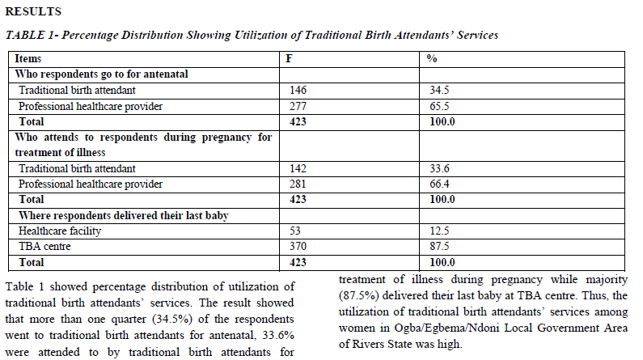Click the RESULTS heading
33,11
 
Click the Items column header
27,58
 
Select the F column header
289,58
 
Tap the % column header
432,58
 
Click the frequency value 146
298,91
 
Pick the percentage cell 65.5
439,106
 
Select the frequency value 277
298,106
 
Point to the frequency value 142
298,168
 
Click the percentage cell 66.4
439,184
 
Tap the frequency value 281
298,184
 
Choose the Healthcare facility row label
60,231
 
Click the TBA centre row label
44,247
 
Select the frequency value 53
295,231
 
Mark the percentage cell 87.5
439,247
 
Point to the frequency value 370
298,247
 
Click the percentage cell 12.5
439,231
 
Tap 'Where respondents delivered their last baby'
124,216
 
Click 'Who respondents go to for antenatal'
101,74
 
